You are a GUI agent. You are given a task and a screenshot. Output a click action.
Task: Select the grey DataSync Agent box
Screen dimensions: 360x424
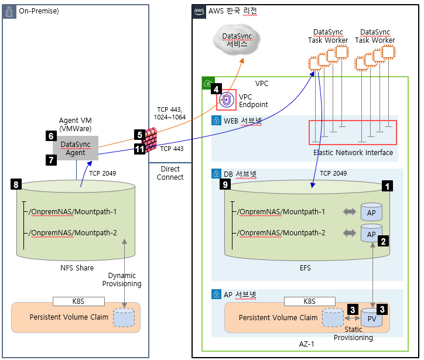[77, 149]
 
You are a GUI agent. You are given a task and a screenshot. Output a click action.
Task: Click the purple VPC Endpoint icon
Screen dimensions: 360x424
[226, 100]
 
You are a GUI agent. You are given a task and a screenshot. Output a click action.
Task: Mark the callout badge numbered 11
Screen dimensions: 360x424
[139, 149]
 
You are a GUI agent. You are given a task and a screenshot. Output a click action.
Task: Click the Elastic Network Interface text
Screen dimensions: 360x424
[353, 153]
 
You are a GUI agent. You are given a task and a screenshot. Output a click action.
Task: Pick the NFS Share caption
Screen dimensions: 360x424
[77, 268]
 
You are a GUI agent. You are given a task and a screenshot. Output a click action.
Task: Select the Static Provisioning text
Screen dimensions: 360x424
[354, 334]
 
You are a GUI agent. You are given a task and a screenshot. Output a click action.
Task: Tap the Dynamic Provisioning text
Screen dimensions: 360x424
[122, 279]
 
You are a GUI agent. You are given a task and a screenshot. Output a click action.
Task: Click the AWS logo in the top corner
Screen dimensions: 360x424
[199, 11]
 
